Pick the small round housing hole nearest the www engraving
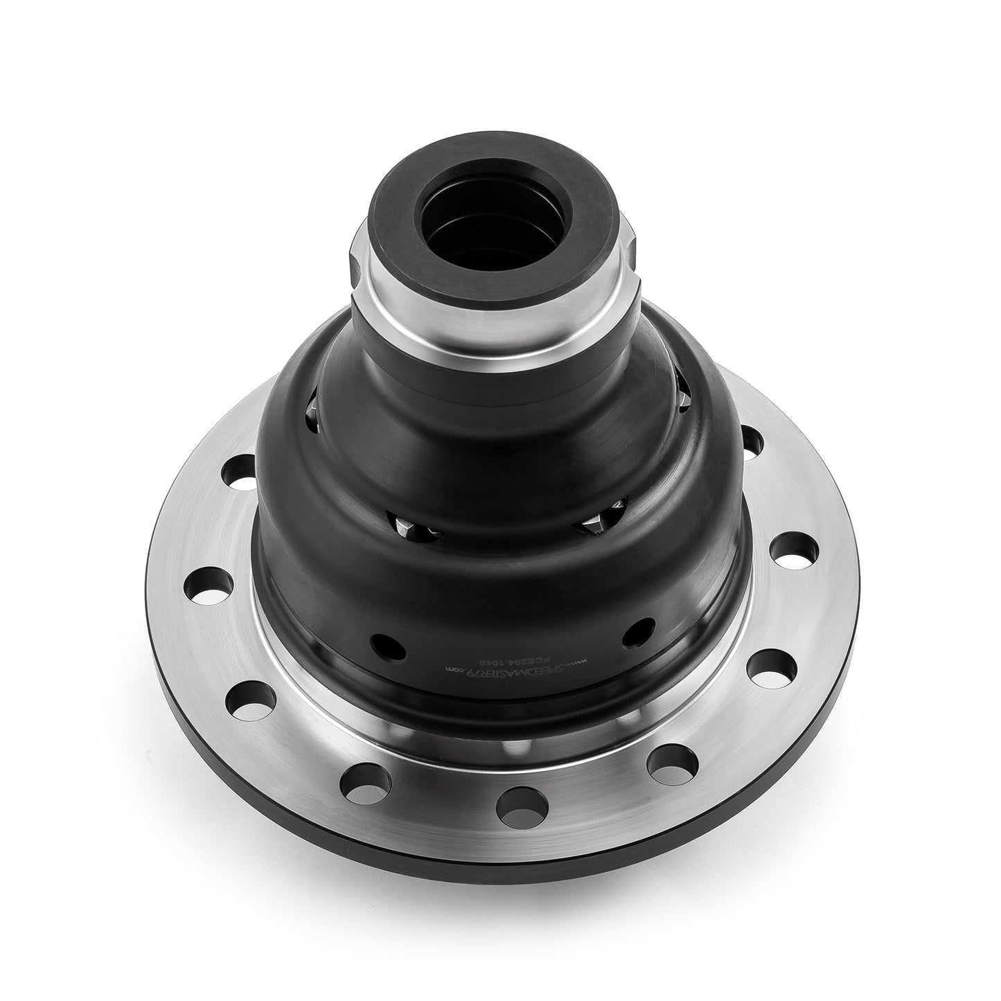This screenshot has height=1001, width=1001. [x=638, y=630]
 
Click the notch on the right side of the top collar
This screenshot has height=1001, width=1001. [x=633, y=256]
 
